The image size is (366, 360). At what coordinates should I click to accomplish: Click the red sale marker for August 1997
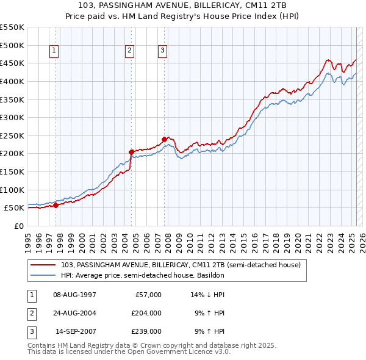click(x=56, y=205)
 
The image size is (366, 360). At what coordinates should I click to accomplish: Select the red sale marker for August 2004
click(x=131, y=152)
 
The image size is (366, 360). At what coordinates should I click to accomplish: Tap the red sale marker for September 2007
click(x=164, y=139)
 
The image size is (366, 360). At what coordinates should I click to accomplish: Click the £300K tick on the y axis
click(x=12, y=117)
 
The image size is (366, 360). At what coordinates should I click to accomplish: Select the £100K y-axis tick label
click(x=12, y=190)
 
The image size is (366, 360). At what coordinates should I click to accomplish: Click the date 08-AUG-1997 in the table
click(x=74, y=295)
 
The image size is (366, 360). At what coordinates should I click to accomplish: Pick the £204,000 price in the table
click(x=146, y=313)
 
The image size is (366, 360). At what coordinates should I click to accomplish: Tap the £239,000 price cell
click(x=146, y=331)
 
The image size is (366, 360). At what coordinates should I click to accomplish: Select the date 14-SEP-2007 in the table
click(x=75, y=331)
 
